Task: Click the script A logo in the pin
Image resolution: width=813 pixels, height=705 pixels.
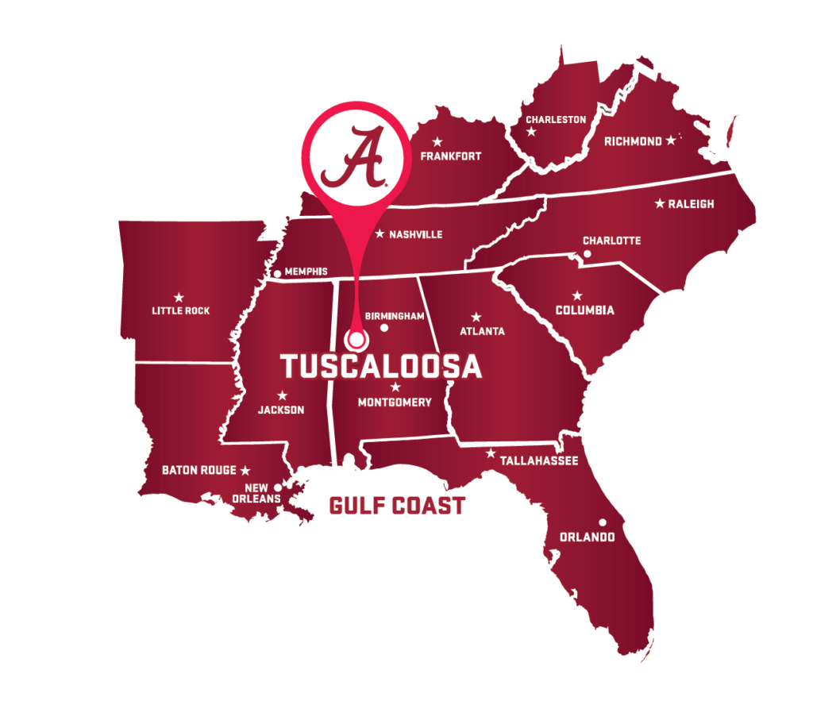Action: [x=354, y=157]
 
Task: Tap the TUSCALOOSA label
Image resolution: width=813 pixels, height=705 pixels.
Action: [x=381, y=367]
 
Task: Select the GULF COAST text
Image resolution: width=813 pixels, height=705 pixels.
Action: [x=396, y=506]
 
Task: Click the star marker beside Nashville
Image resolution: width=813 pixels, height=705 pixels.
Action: [x=380, y=233]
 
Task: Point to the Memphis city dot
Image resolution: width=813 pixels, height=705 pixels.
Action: [x=277, y=273]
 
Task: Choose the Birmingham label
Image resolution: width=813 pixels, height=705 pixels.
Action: [x=395, y=316]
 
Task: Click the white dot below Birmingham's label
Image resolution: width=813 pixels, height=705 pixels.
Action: [x=384, y=328]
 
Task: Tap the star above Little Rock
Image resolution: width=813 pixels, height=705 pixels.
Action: [x=179, y=298]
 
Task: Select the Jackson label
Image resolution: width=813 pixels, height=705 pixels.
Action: [x=281, y=410]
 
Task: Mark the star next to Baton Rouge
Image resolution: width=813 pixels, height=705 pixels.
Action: [x=245, y=470]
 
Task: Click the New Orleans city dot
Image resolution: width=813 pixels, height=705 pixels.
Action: [x=277, y=487]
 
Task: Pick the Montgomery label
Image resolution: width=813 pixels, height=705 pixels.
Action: [x=395, y=402]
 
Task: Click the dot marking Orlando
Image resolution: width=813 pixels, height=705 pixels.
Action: [x=603, y=522]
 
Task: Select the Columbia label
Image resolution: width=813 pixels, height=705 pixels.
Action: [x=584, y=310]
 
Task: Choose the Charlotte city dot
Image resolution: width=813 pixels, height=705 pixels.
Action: [x=588, y=254]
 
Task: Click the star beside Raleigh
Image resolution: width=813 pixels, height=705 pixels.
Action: [x=659, y=204]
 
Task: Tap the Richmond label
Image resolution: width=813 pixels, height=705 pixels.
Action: [x=633, y=141]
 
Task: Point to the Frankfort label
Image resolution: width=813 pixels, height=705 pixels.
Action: [x=451, y=156]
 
